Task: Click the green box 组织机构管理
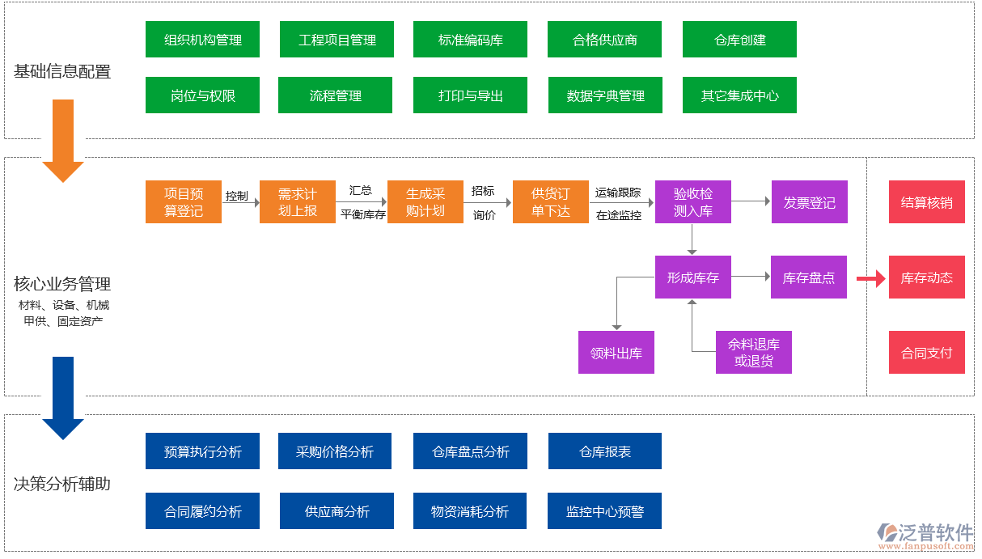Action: [202, 40]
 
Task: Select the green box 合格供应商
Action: [604, 40]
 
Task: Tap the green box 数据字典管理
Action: [604, 95]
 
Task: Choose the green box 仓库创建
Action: [739, 40]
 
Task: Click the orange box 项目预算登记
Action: [184, 202]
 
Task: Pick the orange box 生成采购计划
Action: [425, 202]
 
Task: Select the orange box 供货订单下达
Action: [550, 202]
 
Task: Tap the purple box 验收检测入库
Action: [692, 202]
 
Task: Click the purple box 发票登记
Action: [809, 202]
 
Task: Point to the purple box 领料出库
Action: [616, 353]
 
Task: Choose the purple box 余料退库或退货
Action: [753, 353]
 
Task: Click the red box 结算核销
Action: [926, 202]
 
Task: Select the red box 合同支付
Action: [926, 353]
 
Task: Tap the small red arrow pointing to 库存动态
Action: [870, 279]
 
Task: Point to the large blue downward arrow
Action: [63, 396]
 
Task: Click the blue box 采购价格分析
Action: [335, 451]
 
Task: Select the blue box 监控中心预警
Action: [604, 511]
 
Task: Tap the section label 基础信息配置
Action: [62, 72]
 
